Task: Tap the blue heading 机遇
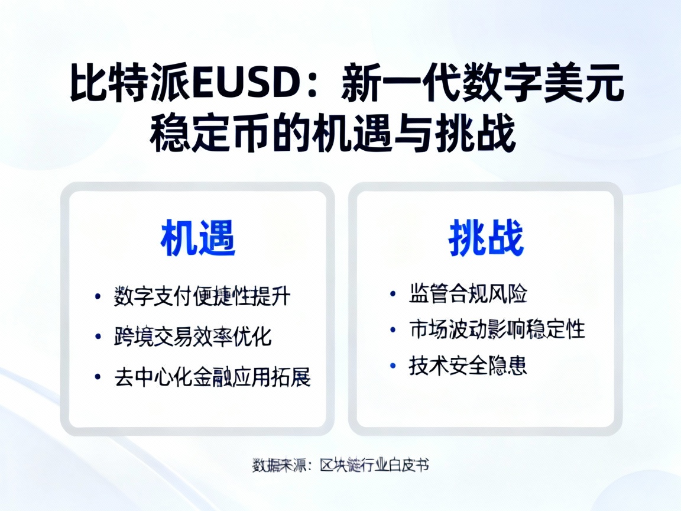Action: [x=197, y=239]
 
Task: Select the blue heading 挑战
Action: [x=486, y=239]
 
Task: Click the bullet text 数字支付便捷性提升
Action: [x=202, y=296]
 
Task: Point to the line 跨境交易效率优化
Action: [x=193, y=337]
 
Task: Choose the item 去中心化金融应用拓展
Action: [x=212, y=377]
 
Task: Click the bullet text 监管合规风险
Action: [x=468, y=293]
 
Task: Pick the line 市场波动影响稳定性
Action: [x=497, y=329]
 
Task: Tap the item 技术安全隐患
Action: [x=468, y=365]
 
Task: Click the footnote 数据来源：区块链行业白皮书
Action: [x=340, y=465]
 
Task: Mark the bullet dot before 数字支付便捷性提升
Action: [x=98, y=297]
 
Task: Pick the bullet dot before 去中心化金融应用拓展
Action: [x=98, y=377]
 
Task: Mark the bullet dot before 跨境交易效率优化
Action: [x=98, y=337]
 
